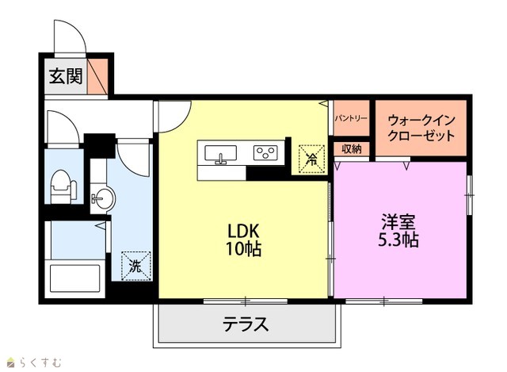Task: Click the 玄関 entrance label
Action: pos(66,76)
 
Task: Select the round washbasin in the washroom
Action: pos(103,198)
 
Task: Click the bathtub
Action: pos(74,278)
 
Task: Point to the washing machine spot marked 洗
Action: pos(136,266)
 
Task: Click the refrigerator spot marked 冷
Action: pos(311,159)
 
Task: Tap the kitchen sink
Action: pos(221,153)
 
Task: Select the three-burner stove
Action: pos(265,153)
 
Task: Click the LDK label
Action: pos(244,231)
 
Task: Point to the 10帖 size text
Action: pos(243,248)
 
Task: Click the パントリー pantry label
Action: pos(351,118)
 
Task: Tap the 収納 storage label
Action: pos(352,149)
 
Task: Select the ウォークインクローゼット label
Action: pos(421,128)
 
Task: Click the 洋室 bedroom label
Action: pos(398,222)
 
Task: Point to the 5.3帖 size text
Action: pos(398,240)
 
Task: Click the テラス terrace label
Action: pos(246,324)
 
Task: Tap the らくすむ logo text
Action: pos(40,362)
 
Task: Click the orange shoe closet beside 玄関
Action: pos(97,76)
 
